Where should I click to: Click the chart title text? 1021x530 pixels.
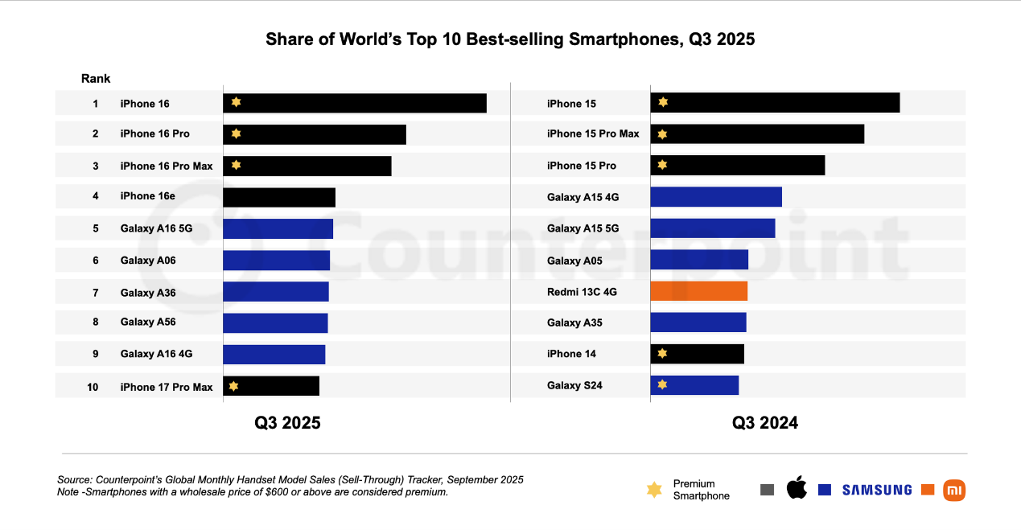(x=510, y=39)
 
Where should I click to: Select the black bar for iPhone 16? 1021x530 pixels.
(x=354, y=103)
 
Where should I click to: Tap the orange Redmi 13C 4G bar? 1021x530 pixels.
(x=698, y=291)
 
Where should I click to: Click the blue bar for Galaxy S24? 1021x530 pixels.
(x=694, y=385)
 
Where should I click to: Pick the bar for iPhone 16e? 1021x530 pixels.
(x=278, y=197)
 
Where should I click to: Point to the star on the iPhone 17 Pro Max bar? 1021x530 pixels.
(x=233, y=386)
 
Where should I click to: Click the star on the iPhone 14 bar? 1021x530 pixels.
(x=662, y=353)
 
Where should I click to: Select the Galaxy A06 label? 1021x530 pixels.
(x=148, y=261)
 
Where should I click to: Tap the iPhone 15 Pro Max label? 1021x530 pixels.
(x=593, y=134)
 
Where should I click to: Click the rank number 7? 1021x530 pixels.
(x=95, y=292)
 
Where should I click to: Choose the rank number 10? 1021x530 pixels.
(x=93, y=387)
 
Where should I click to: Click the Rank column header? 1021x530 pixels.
(x=96, y=79)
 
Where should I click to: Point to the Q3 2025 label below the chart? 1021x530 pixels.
(x=287, y=423)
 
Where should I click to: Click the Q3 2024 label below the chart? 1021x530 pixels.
(x=764, y=423)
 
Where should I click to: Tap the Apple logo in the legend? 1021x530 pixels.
(x=796, y=488)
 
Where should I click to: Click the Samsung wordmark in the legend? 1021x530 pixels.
(x=876, y=490)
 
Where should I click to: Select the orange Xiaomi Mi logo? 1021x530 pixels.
(x=954, y=490)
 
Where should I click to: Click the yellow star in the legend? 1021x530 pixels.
(x=654, y=490)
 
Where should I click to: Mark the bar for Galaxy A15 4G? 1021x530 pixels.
(x=715, y=197)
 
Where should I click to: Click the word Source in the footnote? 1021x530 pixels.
(x=74, y=479)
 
